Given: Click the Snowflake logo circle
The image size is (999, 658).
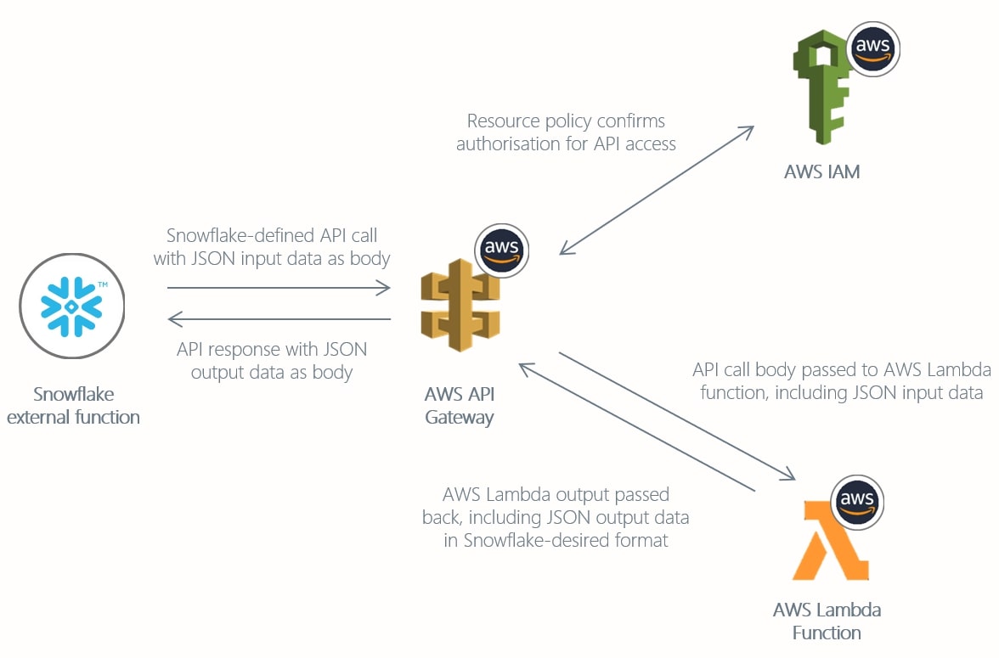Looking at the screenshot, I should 72,307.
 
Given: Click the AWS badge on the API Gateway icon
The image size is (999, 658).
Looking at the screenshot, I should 502,250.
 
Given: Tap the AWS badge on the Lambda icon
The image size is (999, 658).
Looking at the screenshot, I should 856,501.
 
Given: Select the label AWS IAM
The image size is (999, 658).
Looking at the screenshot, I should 821,172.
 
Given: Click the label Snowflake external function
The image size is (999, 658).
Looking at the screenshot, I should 73,406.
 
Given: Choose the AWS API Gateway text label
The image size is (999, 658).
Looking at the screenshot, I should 460,406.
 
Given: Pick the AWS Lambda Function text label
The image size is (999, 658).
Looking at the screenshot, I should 827,621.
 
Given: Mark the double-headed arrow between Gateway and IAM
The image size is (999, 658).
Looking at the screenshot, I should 657,189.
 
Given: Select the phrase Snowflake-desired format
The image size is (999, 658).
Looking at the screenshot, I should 566,540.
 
